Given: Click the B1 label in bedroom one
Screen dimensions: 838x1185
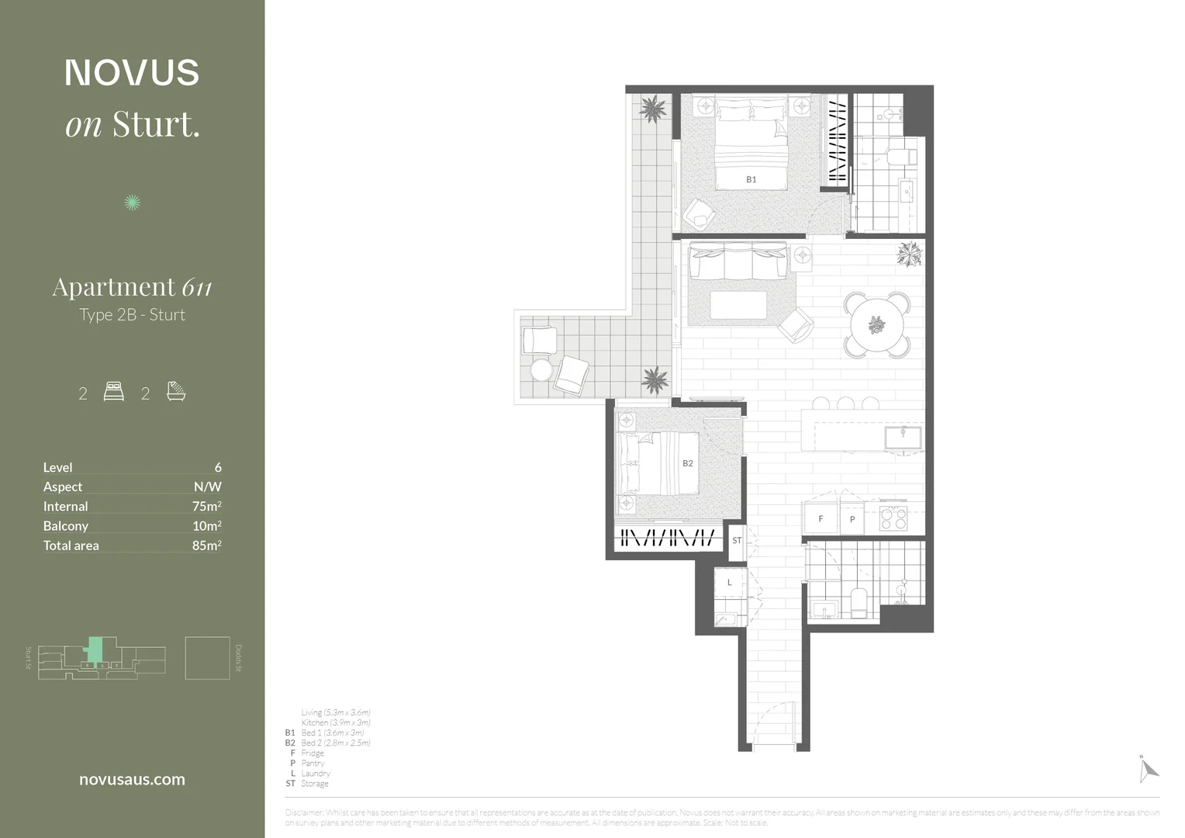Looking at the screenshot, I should click(751, 179).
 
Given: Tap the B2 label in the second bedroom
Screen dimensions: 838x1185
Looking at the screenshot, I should click(687, 463).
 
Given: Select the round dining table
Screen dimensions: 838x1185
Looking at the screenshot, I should click(877, 325).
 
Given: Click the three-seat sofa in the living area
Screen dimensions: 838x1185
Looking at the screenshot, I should click(738, 261).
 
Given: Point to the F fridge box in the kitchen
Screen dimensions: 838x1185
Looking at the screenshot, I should click(821, 519).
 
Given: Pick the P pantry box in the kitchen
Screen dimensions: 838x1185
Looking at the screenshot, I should click(852, 519).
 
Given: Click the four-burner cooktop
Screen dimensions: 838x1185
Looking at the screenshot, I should click(893, 518).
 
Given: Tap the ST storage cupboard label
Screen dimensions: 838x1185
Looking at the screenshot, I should click(737, 540).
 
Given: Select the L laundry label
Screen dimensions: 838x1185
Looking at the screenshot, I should click(729, 582).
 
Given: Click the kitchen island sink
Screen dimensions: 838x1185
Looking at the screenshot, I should click(903, 437).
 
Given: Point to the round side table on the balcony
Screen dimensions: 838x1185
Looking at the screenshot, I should click(541, 369).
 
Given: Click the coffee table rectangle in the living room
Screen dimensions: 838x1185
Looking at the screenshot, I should click(738, 305).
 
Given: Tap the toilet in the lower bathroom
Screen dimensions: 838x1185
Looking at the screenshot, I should click(858, 603).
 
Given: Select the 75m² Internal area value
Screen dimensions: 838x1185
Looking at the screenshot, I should click(206, 506).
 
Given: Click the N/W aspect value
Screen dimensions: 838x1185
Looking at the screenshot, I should click(207, 487).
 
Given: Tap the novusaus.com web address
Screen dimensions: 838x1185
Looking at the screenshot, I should click(132, 779).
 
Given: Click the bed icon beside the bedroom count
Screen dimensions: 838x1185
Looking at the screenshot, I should click(113, 392).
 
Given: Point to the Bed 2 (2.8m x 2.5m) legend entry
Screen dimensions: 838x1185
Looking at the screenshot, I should click(335, 743).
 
